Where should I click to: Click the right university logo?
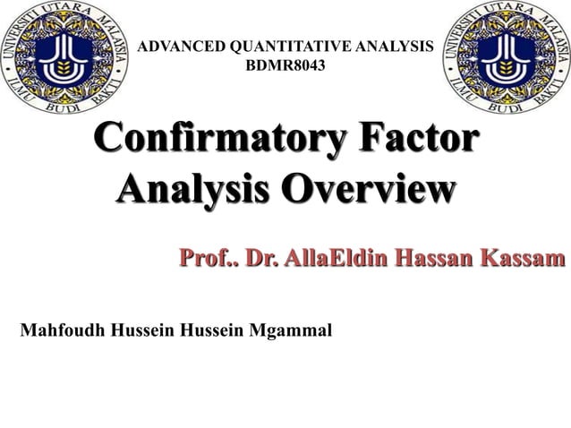[507, 59]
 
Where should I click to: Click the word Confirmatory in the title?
[212, 145]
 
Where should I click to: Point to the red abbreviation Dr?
[260, 261]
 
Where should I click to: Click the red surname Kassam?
[524, 261]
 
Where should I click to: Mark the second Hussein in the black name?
[213, 330]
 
